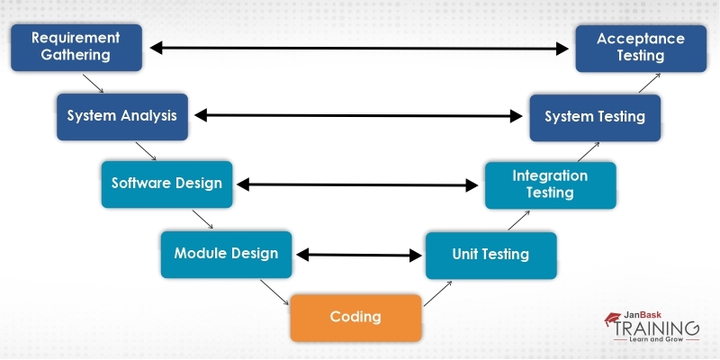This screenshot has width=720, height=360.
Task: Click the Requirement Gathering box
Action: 76,47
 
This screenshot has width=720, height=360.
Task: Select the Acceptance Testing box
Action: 641,47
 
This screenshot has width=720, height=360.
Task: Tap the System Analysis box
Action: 121,116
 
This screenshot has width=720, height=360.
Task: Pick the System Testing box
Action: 595,116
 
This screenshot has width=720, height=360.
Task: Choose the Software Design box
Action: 166,184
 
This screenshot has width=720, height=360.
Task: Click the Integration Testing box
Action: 550,184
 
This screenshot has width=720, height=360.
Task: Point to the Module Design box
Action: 226,254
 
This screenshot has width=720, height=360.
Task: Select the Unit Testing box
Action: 490,255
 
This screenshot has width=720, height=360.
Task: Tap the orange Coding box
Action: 355,317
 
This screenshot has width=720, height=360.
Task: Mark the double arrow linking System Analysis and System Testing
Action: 359,115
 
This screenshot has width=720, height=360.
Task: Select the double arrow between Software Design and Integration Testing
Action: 357,185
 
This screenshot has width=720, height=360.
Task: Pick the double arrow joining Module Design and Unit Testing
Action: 360,255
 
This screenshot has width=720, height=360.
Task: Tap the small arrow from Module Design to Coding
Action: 274,292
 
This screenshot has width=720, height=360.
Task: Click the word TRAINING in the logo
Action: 656,328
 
